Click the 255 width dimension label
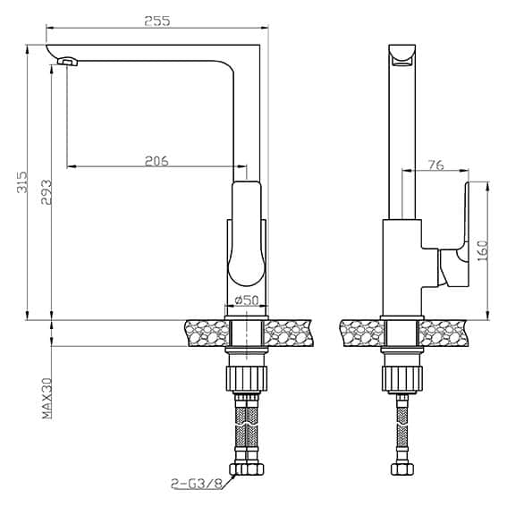point(157,21)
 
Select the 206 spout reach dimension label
point(156,161)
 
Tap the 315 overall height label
point(22,182)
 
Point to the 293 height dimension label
point(46,192)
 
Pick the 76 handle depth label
point(436,165)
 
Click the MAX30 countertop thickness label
point(47,399)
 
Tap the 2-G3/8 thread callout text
point(197,484)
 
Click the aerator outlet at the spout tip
point(68,62)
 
